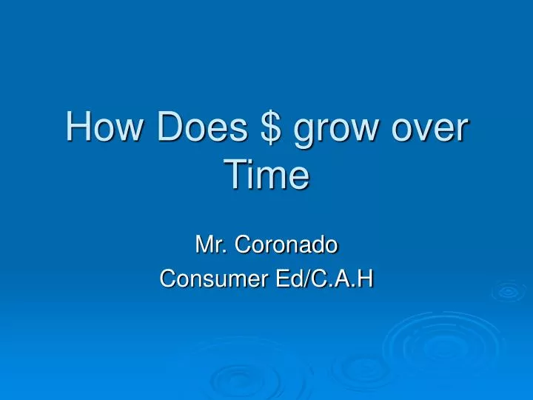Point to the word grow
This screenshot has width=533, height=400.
tap(339, 130)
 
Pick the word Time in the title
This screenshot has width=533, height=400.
tap(266, 176)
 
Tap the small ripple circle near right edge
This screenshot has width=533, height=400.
tap(509, 291)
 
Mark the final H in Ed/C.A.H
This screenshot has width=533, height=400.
tap(365, 279)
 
